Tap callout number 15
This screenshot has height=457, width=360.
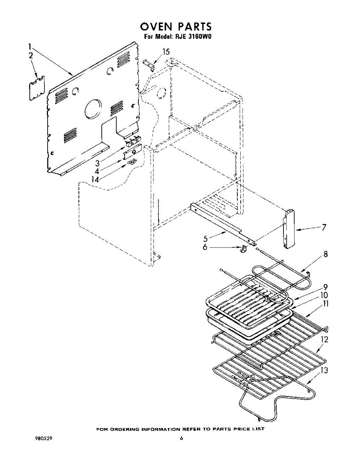(x=166, y=52)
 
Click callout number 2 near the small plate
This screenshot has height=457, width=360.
(x=31, y=56)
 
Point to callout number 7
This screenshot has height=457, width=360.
(x=323, y=227)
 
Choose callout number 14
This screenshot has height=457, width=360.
(x=92, y=179)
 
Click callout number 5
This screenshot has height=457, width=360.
(x=205, y=239)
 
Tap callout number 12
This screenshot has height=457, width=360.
(x=324, y=340)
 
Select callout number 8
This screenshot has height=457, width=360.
(x=325, y=254)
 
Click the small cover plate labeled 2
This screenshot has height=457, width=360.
(x=37, y=88)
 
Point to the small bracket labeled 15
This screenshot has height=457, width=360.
(x=149, y=64)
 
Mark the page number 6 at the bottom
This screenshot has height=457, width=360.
(x=182, y=438)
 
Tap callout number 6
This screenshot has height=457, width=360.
(x=205, y=248)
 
